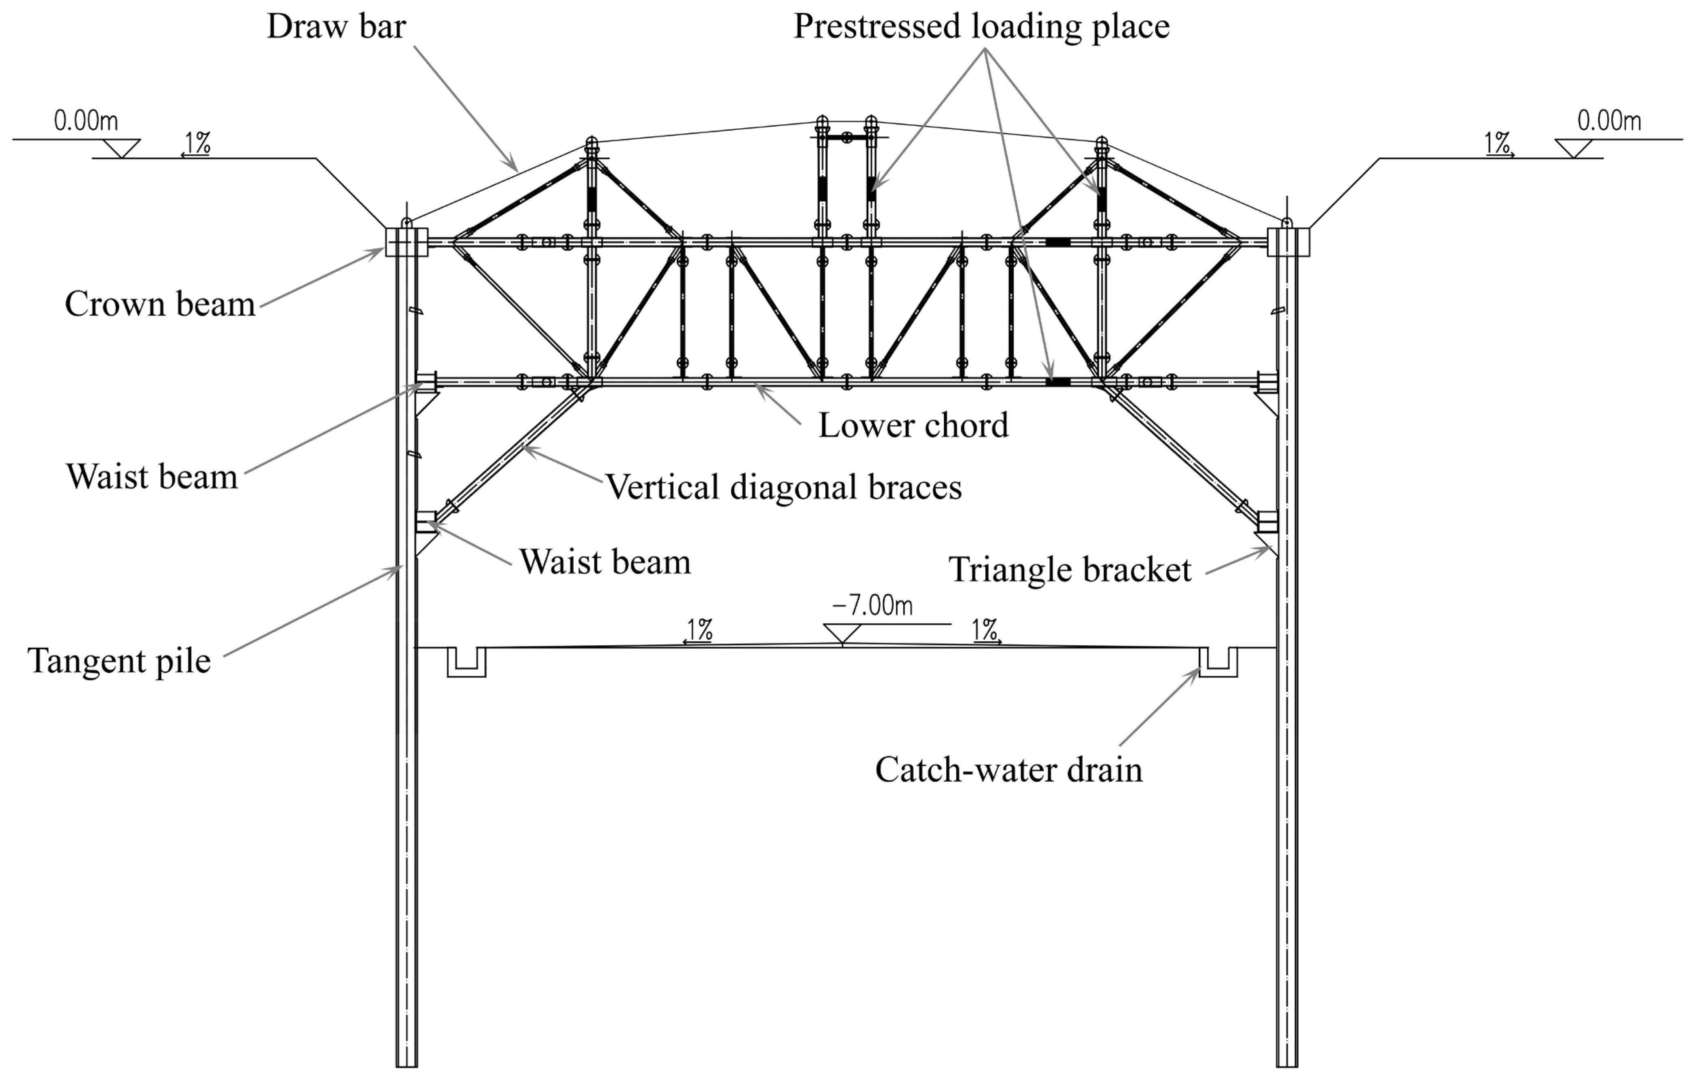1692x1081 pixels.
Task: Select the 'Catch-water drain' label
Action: click(1008, 770)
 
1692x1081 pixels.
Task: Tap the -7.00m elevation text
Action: click(872, 605)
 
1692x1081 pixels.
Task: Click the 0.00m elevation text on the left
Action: click(86, 121)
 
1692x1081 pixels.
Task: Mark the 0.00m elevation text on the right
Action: click(1608, 121)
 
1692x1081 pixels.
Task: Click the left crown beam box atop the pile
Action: click(406, 242)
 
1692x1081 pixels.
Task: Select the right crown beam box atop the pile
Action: click(1288, 242)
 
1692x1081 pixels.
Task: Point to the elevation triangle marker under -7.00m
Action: click(842, 633)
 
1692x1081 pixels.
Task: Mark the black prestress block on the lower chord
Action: click(1057, 382)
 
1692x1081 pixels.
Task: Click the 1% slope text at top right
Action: click(1498, 143)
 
